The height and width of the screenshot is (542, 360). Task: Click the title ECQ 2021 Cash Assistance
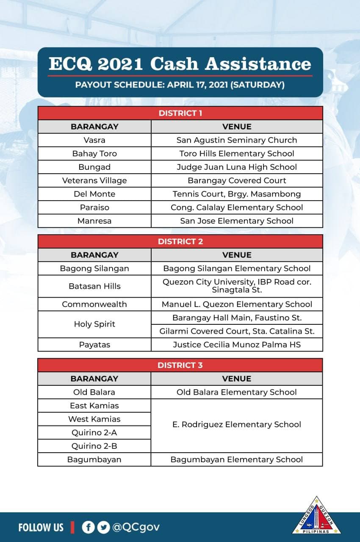pos(180,64)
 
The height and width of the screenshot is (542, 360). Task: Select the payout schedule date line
pos(180,85)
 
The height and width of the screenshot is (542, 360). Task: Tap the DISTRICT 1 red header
pos(180,113)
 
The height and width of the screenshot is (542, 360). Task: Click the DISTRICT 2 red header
pos(180,241)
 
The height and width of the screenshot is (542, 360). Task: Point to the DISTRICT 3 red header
pos(180,365)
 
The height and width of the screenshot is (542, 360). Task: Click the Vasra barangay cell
pos(94,140)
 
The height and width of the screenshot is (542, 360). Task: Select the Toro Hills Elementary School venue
pos(237,153)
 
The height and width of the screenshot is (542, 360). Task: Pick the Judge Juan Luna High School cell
pos(237,167)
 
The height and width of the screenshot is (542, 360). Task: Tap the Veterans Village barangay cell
pos(94,180)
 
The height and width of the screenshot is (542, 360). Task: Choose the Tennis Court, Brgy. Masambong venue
pos(237,194)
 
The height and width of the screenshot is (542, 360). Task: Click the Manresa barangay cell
pos(94,221)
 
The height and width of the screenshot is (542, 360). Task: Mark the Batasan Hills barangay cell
pos(94,286)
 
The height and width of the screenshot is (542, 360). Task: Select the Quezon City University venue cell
pos(237,286)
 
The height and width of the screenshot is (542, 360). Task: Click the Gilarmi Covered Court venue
pos(237,331)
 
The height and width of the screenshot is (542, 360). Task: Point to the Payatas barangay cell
pos(94,345)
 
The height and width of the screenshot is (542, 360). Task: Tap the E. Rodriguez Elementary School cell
pos(237,424)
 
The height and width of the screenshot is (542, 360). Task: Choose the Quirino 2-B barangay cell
pos(94,446)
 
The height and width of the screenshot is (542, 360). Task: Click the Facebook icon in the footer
pos(88,527)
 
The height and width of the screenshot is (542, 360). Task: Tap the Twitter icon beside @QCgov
pos(103,527)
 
